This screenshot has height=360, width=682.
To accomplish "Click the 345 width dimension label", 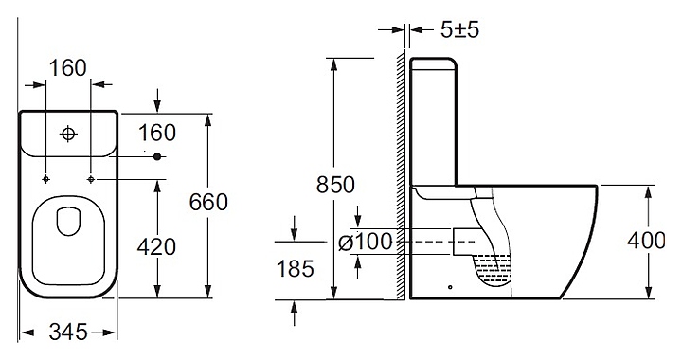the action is [68, 333].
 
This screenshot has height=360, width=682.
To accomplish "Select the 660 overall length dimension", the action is [208, 202].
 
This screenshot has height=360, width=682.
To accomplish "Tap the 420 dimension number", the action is [156, 247].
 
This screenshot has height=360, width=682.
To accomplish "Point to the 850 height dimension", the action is [335, 185].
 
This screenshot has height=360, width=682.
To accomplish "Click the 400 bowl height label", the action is [646, 241].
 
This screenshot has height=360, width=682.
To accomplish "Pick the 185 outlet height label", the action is [295, 268].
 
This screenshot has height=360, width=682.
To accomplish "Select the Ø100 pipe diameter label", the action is [366, 242].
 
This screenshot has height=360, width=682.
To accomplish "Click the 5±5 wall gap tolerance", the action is [459, 30].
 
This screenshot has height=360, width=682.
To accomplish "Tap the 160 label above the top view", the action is [68, 68].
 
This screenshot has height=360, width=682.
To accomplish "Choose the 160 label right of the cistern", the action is [157, 133].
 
